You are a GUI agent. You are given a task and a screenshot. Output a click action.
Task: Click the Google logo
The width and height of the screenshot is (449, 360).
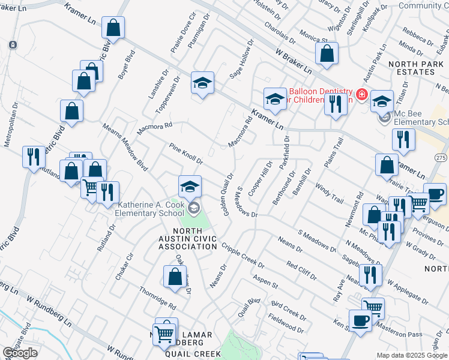tap(20, 353)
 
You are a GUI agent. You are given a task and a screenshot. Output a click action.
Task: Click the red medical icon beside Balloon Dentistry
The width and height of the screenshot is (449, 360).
tap(361, 94)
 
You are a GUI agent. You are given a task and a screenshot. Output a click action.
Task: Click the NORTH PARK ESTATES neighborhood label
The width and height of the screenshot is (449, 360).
tap(420, 67)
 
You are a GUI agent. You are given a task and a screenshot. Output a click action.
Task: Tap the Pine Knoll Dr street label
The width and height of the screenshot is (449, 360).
tap(186, 154)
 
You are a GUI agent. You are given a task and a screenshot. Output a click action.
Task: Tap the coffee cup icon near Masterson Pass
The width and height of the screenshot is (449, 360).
tap(360, 320)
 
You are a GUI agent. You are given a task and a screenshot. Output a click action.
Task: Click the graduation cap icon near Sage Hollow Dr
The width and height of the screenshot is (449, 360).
tap(203, 83)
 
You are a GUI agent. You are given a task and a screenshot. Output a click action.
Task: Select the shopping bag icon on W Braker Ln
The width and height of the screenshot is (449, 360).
tap(326, 53)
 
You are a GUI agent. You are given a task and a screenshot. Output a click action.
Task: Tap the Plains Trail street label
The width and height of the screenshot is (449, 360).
tap(335, 154)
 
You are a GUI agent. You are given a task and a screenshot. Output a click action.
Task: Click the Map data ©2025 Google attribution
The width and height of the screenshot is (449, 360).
tap(412, 355)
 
